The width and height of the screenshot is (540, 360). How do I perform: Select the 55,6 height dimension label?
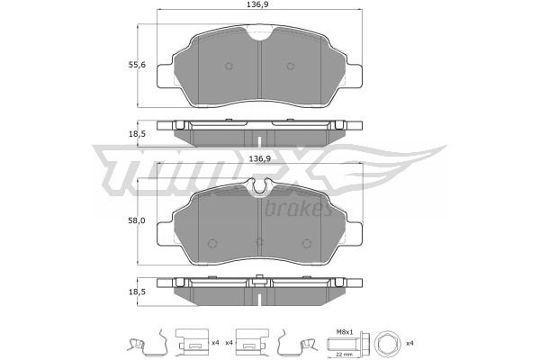(x=137, y=65)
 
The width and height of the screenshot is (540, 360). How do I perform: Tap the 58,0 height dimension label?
(x=137, y=220)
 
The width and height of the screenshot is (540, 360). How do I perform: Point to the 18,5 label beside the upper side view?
(x=137, y=134)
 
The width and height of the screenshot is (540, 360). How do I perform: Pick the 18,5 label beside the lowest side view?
(x=137, y=292)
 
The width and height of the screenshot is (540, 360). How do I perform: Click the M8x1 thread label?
(x=345, y=332)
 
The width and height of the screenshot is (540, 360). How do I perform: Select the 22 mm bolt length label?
(x=341, y=355)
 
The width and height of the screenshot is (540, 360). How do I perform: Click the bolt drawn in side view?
(x=346, y=343)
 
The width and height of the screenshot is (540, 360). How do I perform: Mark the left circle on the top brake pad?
(x=229, y=66)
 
